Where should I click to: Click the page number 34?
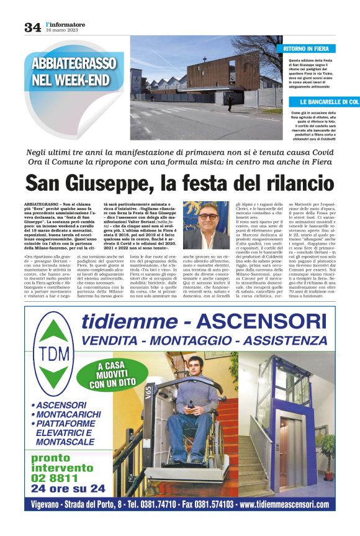pos(32,27)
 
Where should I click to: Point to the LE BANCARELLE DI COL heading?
pos(329,102)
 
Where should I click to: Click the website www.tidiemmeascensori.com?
pos(284,504)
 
